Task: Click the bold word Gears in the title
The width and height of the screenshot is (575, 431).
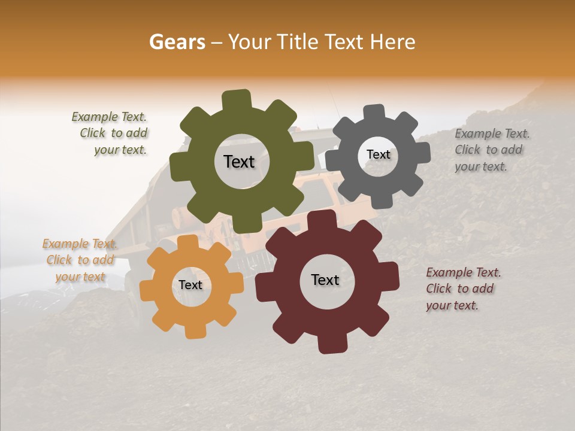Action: pyautogui.click(x=177, y=42)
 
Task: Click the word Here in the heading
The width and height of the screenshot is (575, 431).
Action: pyautogui.click(x=393, y=42)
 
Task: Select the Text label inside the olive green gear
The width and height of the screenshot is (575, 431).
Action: pyautogui.click(x=239, y=162)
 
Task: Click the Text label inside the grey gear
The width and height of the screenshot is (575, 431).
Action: pyautogui.click(x=378, y=154)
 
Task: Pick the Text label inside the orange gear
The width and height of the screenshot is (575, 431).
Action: pyautogui.click(x=190, y=285)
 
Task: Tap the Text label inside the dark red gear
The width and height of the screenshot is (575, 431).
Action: pyautogui.click(x=325, y=280)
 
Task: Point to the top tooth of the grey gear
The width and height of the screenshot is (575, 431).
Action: pyautogui.click(x=374, y=113)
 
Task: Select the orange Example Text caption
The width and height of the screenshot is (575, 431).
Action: pyautogui.click(x=80, y=260)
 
